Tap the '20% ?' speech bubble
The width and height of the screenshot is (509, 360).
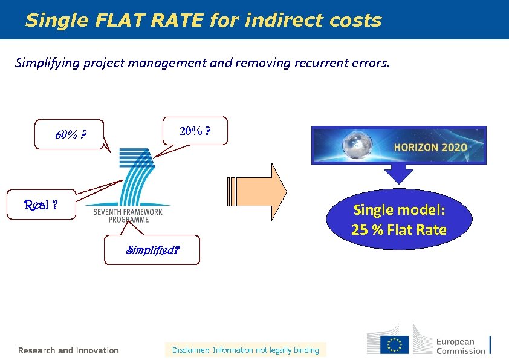click(195, 131)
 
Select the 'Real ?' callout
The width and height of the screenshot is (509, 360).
click(41, 205)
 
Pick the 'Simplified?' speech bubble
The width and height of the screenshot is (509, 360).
click(152, 249)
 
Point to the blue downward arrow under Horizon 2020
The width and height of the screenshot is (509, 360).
click(398, 174)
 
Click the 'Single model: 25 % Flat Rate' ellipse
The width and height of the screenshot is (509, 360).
click(399, 220)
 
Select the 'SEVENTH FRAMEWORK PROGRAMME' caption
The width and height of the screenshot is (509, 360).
click(128, 215)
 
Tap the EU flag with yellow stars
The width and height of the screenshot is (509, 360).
click(394, 345)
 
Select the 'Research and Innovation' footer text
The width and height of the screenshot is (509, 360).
click(68, 350)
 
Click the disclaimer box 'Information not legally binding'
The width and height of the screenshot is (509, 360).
click(245, 350)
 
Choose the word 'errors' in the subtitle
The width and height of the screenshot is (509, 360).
click(371, 63)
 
